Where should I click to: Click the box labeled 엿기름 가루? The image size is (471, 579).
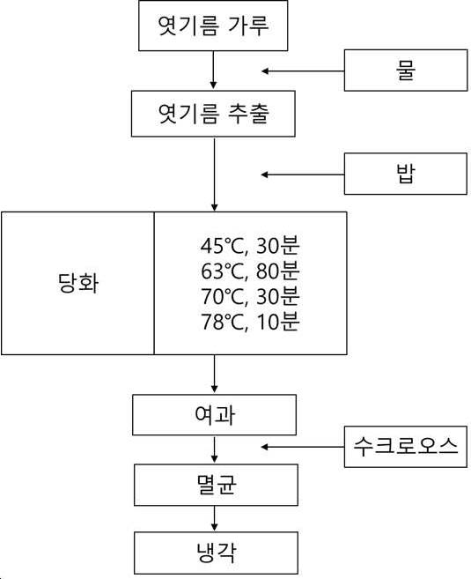click(213, 26)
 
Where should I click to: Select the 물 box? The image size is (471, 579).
click(406, 71)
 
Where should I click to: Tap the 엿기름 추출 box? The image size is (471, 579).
click(213, 114)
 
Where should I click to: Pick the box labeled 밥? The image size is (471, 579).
click(405, 174)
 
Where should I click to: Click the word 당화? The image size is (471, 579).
click(78, 283)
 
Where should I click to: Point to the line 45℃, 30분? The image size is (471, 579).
click(250, 246)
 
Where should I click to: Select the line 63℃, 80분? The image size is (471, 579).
click(250, 271)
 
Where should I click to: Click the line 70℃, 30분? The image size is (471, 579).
click(250, 296)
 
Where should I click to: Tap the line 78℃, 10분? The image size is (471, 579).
click(250, 322)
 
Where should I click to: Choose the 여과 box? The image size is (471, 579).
click(214, 415)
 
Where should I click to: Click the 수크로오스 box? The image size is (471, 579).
click(405, 447)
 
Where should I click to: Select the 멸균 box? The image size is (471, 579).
click(216, 485)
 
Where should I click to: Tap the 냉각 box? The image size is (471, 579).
click(216, 553)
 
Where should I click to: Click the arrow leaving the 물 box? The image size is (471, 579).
click(303, 71)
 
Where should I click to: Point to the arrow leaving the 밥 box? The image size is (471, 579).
click(303, 174)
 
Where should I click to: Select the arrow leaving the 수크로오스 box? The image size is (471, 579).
click(303, 447)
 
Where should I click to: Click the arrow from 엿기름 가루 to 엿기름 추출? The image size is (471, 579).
click(213, 70)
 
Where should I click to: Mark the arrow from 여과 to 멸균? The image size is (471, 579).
click(214, 449)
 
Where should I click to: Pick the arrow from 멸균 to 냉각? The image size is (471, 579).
click(214, 518)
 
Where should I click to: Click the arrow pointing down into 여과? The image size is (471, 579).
click(214, 374)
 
